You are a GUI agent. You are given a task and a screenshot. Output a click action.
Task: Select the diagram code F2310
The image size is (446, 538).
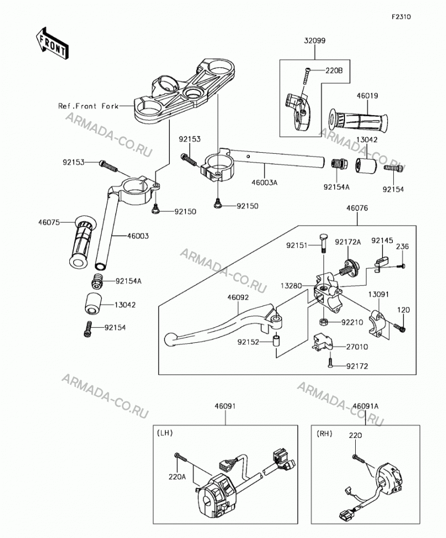click(401, 17)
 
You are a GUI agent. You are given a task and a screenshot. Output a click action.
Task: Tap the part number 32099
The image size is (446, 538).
click(315, 40)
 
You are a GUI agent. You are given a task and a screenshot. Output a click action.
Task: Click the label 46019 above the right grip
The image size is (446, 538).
click(367, 96)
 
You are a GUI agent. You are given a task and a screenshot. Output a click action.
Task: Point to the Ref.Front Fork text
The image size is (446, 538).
click(88, 106)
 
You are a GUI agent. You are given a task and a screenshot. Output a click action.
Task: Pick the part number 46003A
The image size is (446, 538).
click(264, 182)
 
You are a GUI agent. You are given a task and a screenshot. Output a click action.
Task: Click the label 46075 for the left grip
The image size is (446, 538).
click(49, 222)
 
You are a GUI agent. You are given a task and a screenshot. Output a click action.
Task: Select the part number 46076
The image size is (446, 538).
click(357, 208)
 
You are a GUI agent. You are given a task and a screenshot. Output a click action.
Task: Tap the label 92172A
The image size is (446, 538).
click(348, 242)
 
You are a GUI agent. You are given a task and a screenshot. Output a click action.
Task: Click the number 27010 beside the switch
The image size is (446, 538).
click(357, 347)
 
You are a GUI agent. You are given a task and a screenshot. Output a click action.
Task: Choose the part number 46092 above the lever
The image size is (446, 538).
click(238, 298)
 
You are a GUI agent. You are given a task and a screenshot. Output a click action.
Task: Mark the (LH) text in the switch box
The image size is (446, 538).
click(164, 433)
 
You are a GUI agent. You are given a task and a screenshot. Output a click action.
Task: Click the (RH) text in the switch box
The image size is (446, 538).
click(325, 434)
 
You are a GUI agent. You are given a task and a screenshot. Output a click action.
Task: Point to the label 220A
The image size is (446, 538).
click(177, 477)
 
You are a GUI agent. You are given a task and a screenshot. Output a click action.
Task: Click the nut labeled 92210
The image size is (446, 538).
click(323, 322)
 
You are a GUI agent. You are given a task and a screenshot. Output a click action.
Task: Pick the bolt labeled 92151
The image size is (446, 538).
click(323, 243)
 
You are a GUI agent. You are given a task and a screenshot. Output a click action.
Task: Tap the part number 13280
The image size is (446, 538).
click(291, 286)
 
